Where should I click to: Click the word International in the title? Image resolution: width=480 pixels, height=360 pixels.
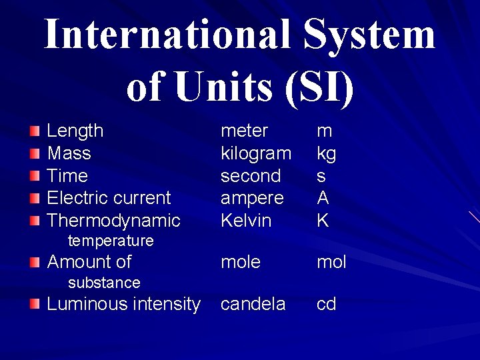167,35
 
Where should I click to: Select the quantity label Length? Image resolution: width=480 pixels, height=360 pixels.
75,131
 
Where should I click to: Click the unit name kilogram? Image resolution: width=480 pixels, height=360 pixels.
256,154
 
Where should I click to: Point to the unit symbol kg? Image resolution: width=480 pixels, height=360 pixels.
326,154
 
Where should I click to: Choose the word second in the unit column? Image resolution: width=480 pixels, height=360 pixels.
251,176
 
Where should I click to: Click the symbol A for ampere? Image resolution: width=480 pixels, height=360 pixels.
323,198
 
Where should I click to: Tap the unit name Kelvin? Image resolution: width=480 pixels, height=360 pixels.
246,221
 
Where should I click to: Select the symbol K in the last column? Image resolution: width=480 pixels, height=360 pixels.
323,221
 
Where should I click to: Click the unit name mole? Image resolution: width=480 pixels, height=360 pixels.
241,262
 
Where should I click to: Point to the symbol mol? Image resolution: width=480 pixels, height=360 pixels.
331,262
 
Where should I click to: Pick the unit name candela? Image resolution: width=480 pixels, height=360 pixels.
253,305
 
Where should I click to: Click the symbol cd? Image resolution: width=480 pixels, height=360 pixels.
326,305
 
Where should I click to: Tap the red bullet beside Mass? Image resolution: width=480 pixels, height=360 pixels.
35,154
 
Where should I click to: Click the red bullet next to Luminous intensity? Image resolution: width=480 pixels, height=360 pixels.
35,305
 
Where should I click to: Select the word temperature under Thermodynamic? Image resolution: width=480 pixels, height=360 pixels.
111,241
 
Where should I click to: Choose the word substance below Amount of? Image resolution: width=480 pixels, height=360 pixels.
104,283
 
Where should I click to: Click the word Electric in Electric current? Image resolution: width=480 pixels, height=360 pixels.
74,198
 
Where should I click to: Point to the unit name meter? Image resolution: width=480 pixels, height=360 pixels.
244,131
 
